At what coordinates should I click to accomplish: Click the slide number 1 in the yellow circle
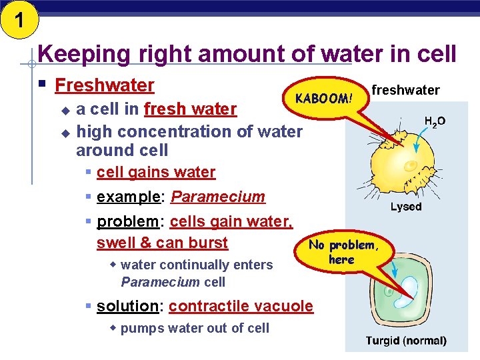19,19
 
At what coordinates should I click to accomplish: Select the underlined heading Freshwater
105,85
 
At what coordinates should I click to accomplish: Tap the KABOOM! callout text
323,99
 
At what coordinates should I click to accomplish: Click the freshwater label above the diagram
405,90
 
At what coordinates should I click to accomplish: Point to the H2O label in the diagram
435,121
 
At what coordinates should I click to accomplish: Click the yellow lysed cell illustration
404,161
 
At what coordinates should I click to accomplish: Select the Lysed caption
406,207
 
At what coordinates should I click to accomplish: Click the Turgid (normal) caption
406,341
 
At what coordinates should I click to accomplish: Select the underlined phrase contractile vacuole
241,306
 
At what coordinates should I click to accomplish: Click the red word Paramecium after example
218,197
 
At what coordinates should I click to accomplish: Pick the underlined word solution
127,306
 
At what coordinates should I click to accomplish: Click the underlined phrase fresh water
190,109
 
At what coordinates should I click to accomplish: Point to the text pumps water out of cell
195,328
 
